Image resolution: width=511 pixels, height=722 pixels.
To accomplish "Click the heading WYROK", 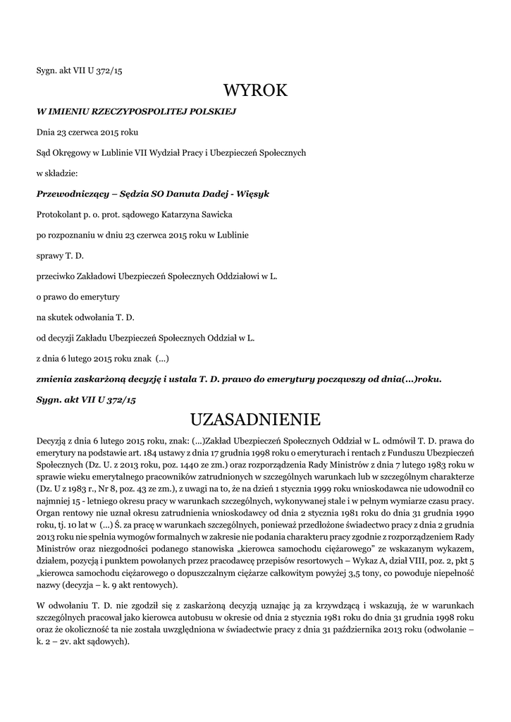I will point(256,90).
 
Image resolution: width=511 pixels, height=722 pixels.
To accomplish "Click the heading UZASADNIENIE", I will point(255,420).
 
